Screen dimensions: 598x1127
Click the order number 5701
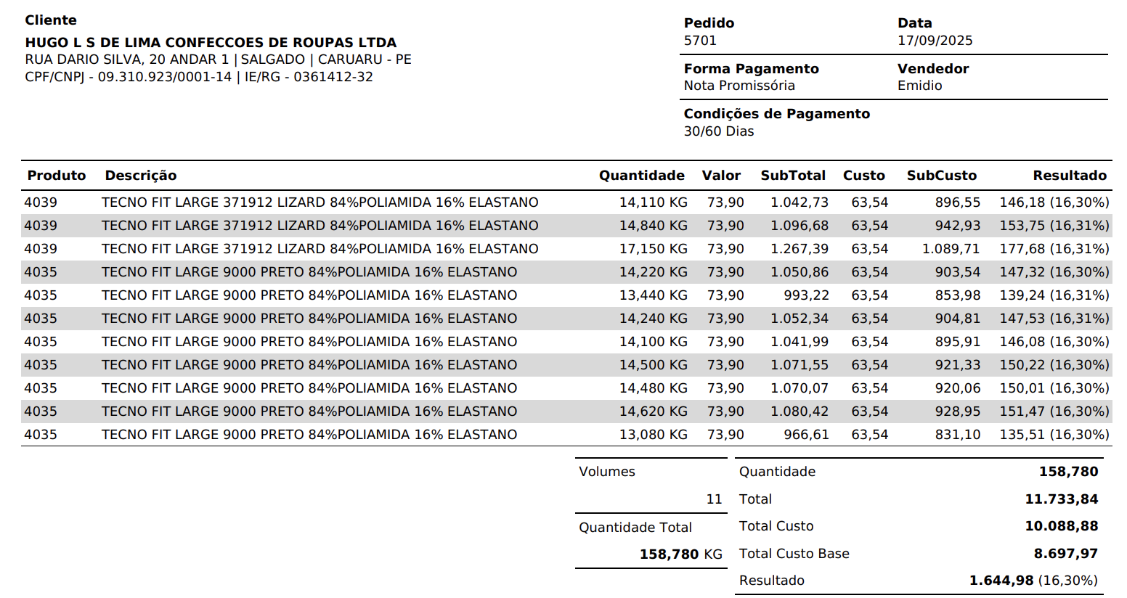tap(700, 41)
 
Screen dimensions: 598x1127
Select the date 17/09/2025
tap(935, 41)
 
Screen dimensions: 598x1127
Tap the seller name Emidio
tap(919, 86)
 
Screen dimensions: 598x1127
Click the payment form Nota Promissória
tap(739, 86)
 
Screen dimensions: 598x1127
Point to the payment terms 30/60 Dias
tap(718, 131)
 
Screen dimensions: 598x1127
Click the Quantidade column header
tap(641, 176)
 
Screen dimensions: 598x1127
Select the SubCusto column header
tap(941, 176)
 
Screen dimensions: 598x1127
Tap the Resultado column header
tap(1069, 176)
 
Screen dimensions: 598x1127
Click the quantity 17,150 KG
tap(653, 249)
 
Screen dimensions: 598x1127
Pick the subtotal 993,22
tap(805, 295)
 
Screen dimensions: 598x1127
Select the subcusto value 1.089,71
tap(951, 249)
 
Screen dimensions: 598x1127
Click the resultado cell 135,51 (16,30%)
tap(1054, 435)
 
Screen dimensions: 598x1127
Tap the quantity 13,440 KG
tap(653, 295)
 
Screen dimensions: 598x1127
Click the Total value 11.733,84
tap(1061, 499)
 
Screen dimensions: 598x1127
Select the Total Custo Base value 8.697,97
tap(1065, 554)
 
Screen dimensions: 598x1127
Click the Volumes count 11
tap(714, 499)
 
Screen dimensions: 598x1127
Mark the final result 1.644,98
tap(1001, 581)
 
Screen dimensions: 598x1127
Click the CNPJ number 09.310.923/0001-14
tap(165, 77)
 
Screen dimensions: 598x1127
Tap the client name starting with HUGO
tap(211, 43)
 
